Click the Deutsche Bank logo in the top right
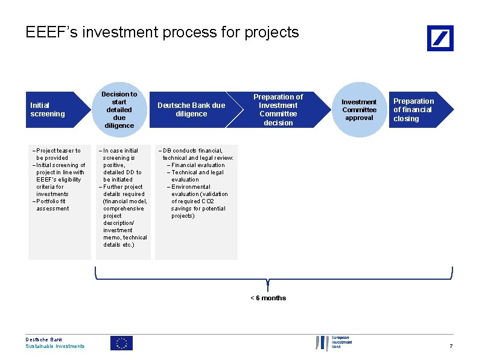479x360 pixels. tap(440, 38)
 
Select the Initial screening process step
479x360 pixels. tap(48, 110)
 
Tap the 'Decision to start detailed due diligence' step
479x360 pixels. tap(119, 110)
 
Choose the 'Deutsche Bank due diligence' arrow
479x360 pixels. tap(191, 110)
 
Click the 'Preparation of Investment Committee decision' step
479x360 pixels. tap(278, 110)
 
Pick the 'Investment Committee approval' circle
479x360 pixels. tap(359, 110)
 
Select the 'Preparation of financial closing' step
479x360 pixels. tap(414, 110)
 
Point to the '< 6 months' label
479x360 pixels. tap(268, 298)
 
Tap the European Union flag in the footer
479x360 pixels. tap(121, 343)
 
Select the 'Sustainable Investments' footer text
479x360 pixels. tap(55, 346)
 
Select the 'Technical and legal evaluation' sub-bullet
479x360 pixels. tap(195, 175)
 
